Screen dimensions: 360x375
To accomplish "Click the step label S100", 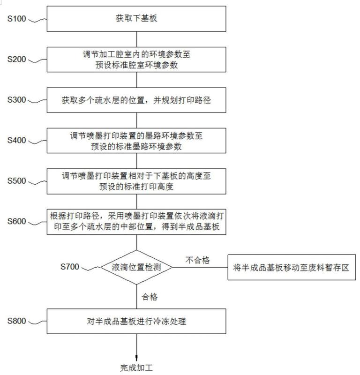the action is click(16, 19).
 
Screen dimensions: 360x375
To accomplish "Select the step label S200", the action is click(16, 59).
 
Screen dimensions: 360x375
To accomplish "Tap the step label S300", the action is click(16, 100).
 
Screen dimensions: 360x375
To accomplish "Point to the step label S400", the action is click(16, 140).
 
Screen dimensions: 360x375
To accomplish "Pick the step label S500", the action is click(16, 181).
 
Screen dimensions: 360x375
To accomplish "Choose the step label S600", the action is click(16, 221).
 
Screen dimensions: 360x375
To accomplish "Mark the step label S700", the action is click(69, 267).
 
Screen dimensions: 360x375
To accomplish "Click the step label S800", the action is click(16, 321).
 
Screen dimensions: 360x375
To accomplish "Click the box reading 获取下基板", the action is click(136, 19).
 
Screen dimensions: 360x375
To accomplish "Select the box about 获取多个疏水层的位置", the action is click(136, 100).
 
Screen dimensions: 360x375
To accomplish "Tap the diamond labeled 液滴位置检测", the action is click(136, 267).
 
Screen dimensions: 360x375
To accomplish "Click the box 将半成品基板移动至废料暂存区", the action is click(292, 267).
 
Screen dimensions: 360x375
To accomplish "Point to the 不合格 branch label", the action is click(198, 260).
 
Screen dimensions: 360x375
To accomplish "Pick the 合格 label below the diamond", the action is click(150, 297).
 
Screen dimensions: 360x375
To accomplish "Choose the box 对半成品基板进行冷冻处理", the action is click(136, 321).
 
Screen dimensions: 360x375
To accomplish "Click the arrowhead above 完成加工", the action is click(136, 358).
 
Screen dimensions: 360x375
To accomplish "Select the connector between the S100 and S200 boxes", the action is click(136, 39).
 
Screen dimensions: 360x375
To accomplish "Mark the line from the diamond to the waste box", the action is click(200, 267).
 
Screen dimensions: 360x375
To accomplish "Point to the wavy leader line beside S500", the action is click(37, 182).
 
